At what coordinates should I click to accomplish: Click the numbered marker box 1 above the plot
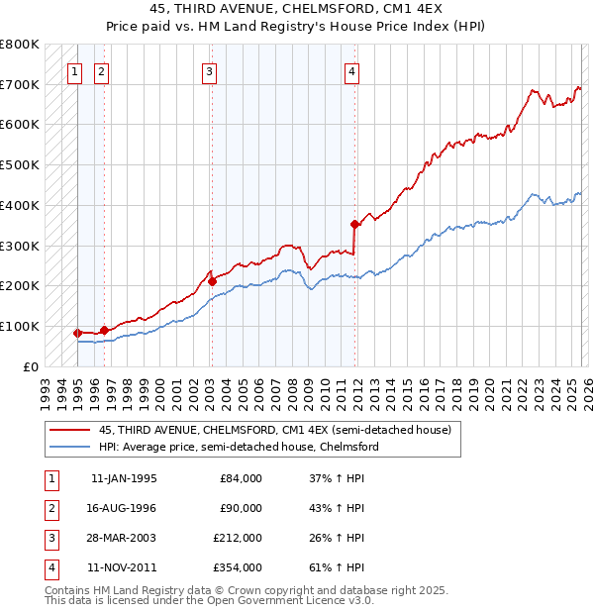75,71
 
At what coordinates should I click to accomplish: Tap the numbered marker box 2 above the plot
102,71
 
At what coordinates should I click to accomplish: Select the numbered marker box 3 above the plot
210,71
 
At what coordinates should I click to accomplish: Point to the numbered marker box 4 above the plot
352,71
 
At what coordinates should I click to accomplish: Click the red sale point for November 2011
354,224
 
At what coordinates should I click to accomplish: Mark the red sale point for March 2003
212,281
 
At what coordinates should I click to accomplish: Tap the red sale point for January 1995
78,333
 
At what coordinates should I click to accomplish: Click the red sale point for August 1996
104,330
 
